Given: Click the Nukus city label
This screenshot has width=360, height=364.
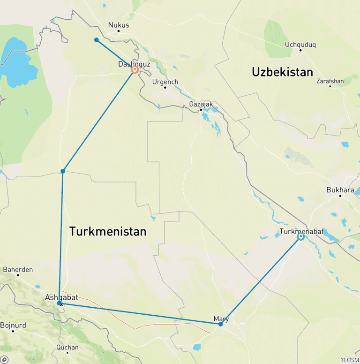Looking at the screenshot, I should tap(118, 25).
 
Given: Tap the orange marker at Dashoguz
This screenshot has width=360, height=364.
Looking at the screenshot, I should tap(135, 70).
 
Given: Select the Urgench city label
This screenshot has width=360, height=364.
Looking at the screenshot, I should tap(165, 82).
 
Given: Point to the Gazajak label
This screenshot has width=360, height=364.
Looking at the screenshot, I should tap(201, 104).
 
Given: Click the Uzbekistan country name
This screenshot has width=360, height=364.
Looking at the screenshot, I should tap(282, 72).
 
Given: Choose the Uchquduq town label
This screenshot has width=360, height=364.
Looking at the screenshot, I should tap(300, 45).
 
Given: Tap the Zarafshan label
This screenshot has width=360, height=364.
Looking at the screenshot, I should tap(330, 81).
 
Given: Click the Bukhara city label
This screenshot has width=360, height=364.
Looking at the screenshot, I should tap(340, 190).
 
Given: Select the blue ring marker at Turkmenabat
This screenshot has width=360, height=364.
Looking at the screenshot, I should tap(300, 237).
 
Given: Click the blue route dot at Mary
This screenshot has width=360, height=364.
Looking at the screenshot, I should tap(220, 324).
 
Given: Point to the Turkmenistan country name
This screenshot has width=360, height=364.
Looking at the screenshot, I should tap(108, 231).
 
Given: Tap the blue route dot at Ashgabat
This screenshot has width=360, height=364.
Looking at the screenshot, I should tap(59, 303).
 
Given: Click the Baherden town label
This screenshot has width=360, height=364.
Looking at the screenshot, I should tap(18, 269).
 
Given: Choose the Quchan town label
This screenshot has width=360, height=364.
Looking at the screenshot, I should tap(67, 348).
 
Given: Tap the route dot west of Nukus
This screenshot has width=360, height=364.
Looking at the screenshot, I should tap(96, 40).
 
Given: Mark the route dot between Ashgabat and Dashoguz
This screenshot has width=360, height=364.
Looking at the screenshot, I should tap(63, 171).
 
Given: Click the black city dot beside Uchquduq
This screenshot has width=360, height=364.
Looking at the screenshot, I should tap(300, 50).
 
